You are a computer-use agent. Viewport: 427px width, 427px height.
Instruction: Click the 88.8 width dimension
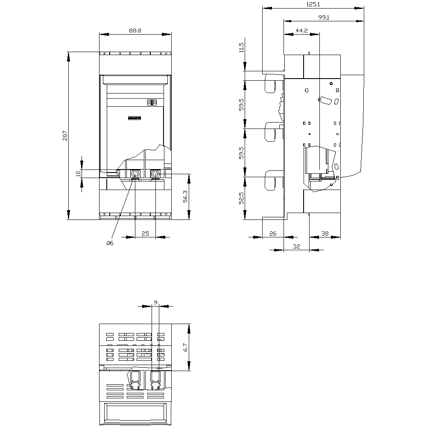coord(135,30)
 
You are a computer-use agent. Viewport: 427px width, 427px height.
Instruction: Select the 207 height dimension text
coord(65,136)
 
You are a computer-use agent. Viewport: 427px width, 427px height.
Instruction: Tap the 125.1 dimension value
coord(313,4)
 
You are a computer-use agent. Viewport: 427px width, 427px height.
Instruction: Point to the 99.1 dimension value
coord(324,18)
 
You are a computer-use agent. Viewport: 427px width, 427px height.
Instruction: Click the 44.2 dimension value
coord(302,30)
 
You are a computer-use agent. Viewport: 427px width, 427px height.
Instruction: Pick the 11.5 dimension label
coord(241,47)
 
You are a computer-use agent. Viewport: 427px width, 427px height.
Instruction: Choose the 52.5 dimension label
coord(241,198)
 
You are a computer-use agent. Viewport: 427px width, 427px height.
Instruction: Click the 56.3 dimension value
coord(185,196)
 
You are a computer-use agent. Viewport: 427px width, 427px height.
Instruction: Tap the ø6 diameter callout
coord(110,243)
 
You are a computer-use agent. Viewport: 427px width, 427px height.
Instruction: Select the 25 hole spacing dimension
coord(146,234)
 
